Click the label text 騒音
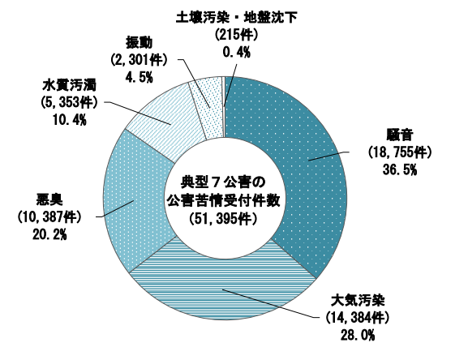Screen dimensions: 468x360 (400, 135)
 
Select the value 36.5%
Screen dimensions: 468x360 (400, 170)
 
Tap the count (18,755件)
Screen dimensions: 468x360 (400, 152)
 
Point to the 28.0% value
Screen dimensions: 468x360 (358, 336)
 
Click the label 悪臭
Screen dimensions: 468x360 (49, 199)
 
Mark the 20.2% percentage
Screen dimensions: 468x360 (49, 235)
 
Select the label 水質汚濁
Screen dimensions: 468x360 (69, 85)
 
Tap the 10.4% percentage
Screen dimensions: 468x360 (69, 120)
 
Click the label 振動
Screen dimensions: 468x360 (139, 43)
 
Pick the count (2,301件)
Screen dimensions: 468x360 (139, 60)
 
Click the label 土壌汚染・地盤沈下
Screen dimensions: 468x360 (236, 18)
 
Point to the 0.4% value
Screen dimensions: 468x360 (236, 53)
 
